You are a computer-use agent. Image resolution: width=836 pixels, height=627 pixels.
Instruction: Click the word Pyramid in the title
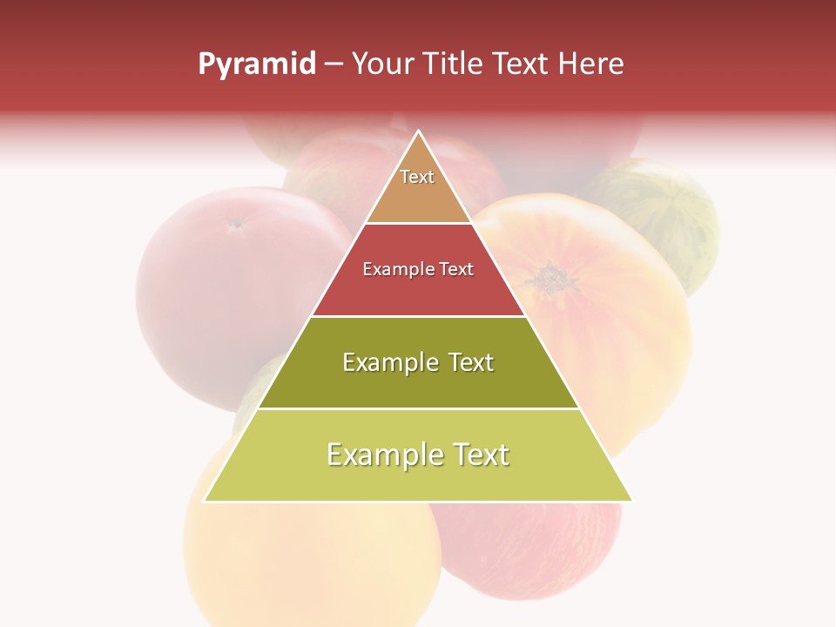point(257,64)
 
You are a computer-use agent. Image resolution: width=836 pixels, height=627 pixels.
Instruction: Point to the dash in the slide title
point(333,64)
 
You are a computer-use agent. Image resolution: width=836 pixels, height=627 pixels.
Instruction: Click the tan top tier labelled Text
point(418,187)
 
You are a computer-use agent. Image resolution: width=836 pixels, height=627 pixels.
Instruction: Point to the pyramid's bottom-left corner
point(205,501)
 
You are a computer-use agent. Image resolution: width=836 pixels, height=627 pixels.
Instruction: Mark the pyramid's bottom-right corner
point(632,501)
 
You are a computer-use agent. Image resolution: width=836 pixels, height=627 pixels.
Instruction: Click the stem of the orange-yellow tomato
point(551,280)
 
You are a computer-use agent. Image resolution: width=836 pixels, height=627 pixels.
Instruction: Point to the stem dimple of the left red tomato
point(235,225)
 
